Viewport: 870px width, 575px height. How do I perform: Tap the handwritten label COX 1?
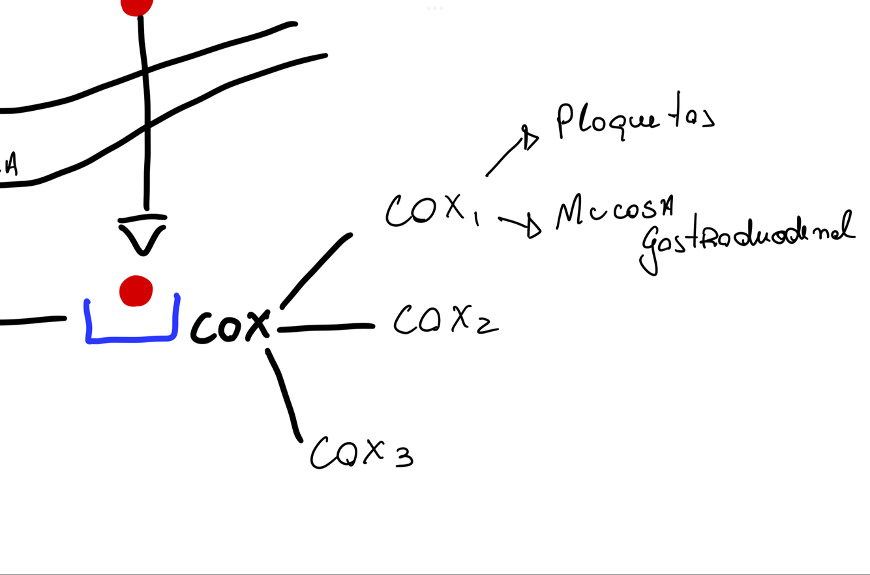tap(430, 209)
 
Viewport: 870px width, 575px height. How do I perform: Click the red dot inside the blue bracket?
tap(136, 291)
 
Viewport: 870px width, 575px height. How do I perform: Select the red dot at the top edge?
tap(137, 6)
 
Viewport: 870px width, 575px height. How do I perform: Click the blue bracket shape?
tap(131, 338)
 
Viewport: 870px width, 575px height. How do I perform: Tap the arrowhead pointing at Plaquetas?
tap(530, 138)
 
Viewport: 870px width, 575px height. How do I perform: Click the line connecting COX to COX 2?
tap(326, 327)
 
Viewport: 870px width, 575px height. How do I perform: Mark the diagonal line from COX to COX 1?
tap(316, 269)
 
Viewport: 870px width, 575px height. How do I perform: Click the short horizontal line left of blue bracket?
tap(33, 321)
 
